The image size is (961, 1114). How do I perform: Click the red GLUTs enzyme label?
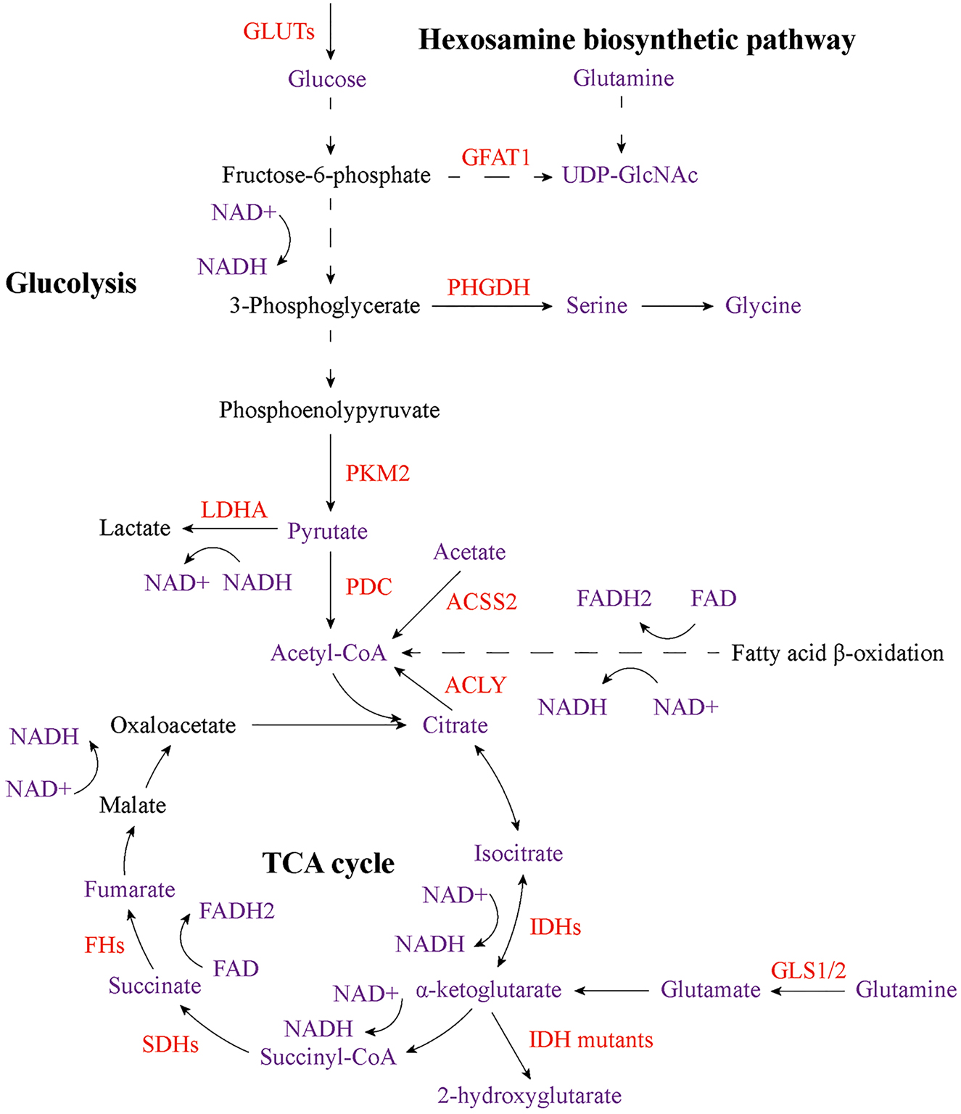279,32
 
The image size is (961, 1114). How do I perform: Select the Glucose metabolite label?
326,79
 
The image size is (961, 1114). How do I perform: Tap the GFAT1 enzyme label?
496,157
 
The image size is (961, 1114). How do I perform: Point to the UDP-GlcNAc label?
630,176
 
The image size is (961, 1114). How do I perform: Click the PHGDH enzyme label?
488,288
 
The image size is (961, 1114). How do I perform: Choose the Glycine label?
763,306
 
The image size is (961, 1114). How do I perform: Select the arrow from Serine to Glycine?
677,307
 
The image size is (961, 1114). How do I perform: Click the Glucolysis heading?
71,284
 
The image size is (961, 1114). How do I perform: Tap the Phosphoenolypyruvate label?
329,410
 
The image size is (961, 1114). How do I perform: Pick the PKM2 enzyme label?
377,474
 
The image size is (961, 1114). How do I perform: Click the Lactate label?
135,528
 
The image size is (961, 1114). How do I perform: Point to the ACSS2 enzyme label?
482,602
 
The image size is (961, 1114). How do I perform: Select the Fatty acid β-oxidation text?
837,653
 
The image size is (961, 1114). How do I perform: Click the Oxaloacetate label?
173,725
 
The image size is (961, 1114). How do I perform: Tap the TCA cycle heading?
328,864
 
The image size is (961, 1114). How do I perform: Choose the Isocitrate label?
518,854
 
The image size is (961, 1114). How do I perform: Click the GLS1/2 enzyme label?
808,971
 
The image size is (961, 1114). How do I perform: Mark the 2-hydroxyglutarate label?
529,1096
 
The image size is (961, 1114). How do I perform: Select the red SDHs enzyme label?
170,1044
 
